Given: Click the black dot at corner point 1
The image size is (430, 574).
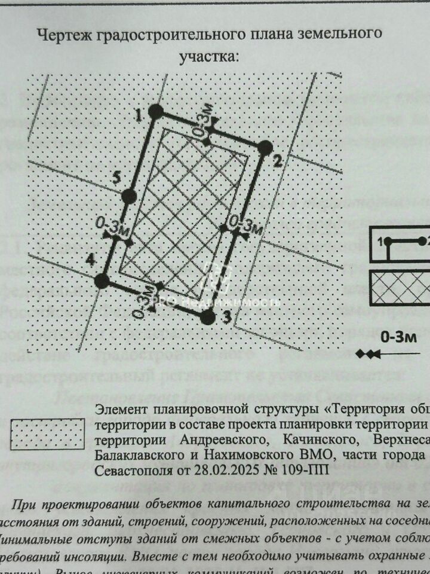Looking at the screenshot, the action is (x=156, y=111).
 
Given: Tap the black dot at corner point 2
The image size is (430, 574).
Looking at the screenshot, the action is (x=266, y=147).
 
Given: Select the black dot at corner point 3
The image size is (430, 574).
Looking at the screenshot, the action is (x=207, y=317).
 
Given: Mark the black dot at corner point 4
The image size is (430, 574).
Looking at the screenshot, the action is (x=102, y=280).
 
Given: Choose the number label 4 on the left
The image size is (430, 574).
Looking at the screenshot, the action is (x=90, y=260).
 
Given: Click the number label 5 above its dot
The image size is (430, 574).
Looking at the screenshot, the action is (x=117, y=176).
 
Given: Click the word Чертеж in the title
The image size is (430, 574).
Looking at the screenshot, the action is (x=62, y=35).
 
